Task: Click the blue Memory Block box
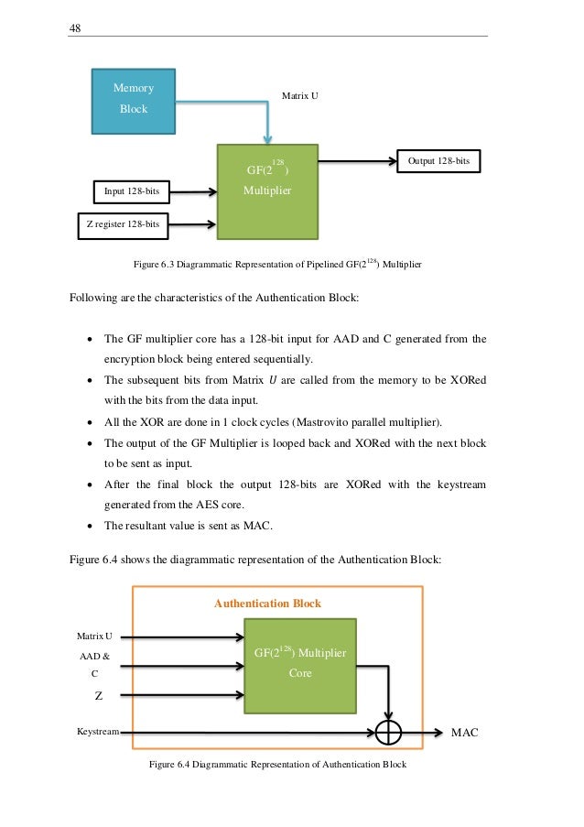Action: pyautogui.click(x=134, y=99)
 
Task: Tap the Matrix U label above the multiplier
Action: pyautogui.click(x=300, y=95)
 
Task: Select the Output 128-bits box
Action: pyautogui.click(x=438, y=161)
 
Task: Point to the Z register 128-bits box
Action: pyautogui.click(x=122, y=224)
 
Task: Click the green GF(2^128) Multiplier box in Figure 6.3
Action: pyautogui.click(x=266, y=190)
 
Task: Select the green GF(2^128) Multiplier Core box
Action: pyautogui.click(x=300, y=664)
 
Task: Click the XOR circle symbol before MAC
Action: pyautogui.click(x=389, y=732)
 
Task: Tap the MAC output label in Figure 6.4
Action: pyautogui.click(x=466, y=733)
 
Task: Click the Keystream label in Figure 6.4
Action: pyautogui.click(x=98, y=733)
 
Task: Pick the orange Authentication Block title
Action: pyautogui.click(x=267, y=604)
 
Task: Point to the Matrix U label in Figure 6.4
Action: pyautogui.click(x=95, y=635)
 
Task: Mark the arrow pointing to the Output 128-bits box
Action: pyautogui.click(x=357, y=162)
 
